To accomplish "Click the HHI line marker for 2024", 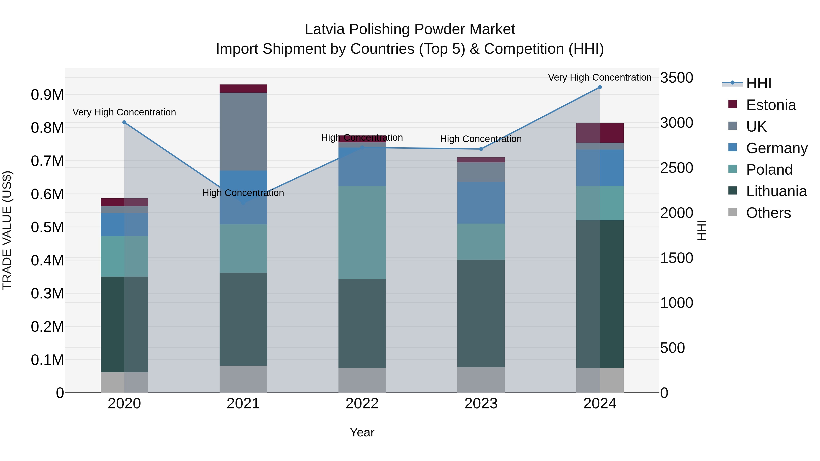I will pyautogui.click(x=600, y=87).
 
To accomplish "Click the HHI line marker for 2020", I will pyautogui.click(x=124, y=122).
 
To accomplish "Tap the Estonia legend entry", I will pyautogui.click(x=770, y=105).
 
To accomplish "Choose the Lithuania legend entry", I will pyautogui.click(x=776, y=191).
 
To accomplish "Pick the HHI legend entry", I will pyautogui.click(x=758, y=83).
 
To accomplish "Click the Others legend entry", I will pyautogui.click(x=768, y=213).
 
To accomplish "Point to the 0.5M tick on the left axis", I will pyautogui.click(x=47, y=227).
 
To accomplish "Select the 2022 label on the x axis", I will pyautogui.click(x=362, y=403).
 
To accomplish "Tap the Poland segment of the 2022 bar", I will pyautogui.click(x=362, y=233).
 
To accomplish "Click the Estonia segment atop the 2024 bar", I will pyautogui.click(x=600, y=133).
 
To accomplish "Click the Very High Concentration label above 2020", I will pyautogui.click(x=124, y=112).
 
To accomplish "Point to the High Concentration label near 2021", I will pyautogui.click(x=243, y=193).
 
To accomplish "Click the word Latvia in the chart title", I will pyautogui.click(x=324, y=29).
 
